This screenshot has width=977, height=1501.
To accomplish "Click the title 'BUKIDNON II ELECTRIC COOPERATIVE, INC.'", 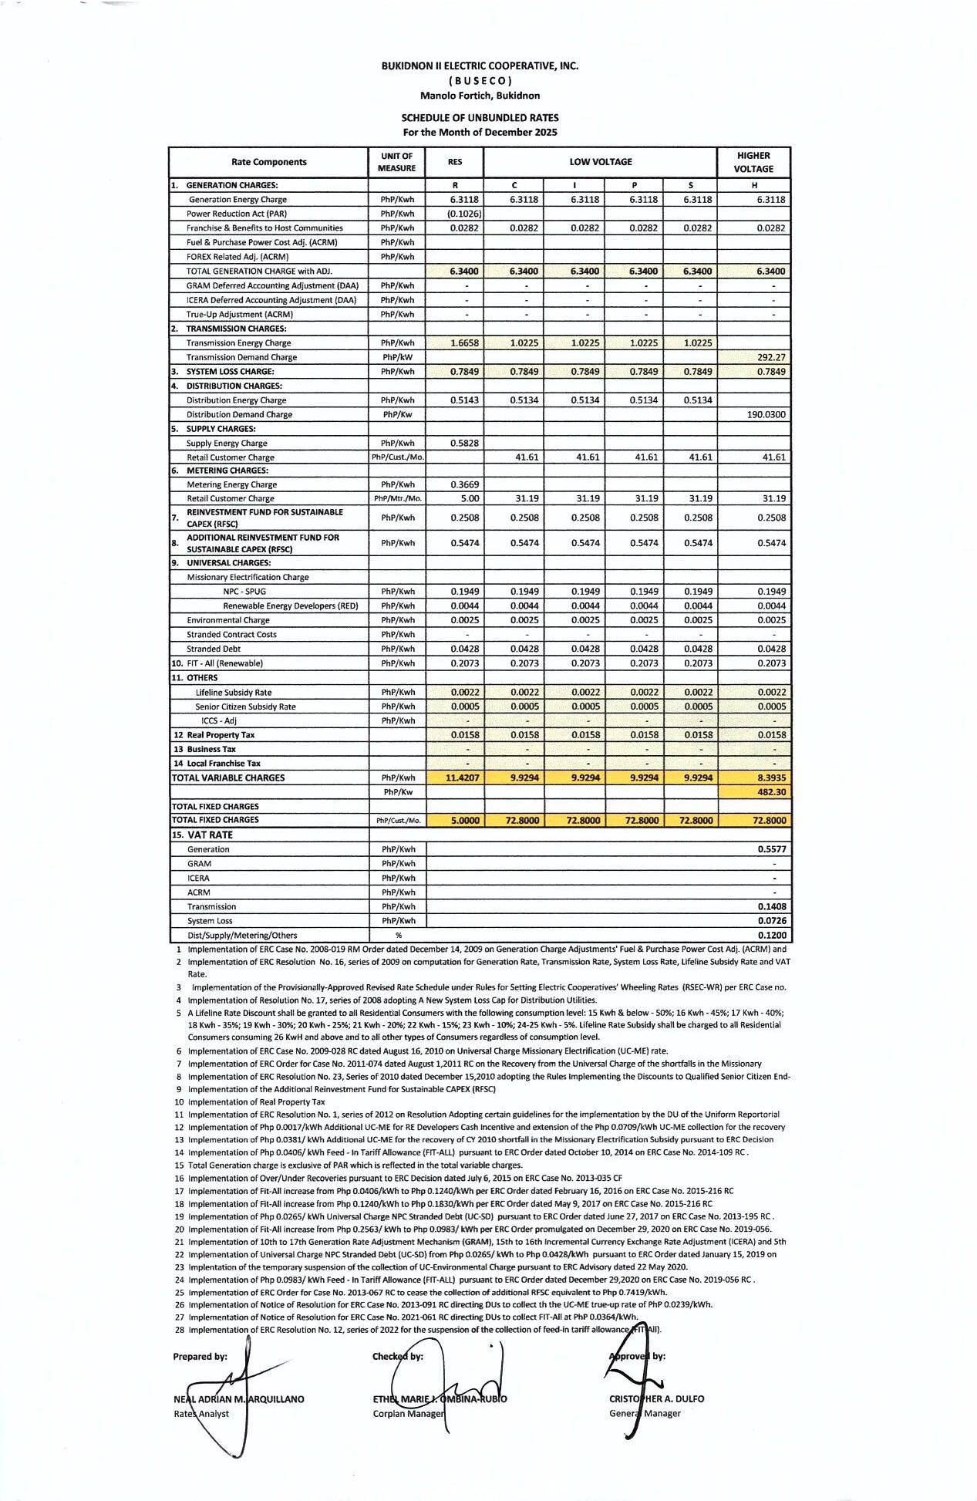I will coord(480,66).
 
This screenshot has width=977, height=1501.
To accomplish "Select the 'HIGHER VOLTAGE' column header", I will coord(753,162).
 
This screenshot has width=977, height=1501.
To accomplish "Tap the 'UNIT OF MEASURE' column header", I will coord(396,162).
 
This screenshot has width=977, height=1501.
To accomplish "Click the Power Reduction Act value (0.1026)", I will coord(464,214).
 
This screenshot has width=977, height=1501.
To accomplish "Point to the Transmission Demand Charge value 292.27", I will coord(770,357).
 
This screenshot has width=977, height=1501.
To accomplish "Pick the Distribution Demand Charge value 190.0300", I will coord(766,414).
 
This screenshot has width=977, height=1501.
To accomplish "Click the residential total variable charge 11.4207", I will coord(463,777).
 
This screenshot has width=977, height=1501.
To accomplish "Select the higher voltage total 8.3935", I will coord(770,777).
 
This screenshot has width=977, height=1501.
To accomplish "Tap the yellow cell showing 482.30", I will coord(771,792).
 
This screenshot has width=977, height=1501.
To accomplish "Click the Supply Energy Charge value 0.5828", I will coord(464,443).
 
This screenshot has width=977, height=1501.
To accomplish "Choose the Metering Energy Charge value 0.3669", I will coord(464,484).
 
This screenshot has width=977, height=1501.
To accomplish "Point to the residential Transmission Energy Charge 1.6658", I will coord(464,342).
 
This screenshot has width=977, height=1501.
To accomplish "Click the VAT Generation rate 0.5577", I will coord(771,849).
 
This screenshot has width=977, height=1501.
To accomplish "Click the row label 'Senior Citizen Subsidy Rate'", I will coord(245,707).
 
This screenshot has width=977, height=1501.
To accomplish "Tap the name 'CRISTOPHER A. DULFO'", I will coord(656,1398).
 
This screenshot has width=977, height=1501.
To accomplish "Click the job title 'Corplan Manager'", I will coord(408,1414).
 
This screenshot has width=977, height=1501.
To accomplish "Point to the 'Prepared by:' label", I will coord(200,1357).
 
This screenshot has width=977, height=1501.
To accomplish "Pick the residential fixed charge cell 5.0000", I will coord(464,821).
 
